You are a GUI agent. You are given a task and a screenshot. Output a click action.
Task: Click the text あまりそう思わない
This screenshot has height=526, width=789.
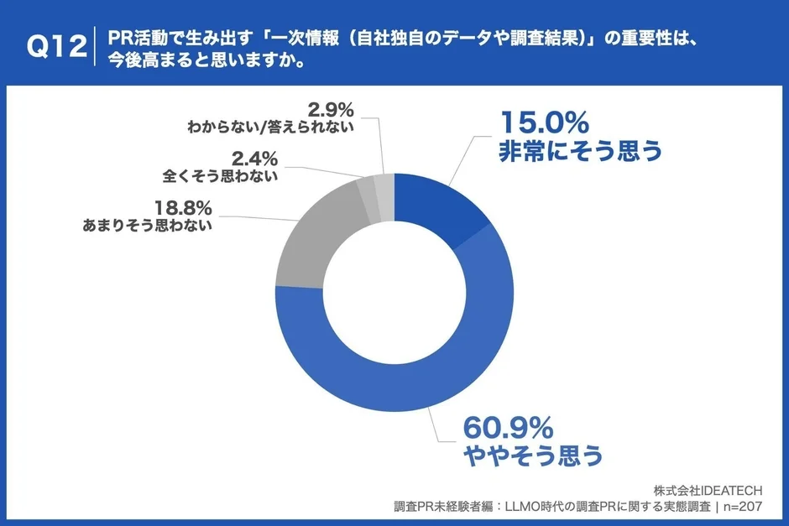tap(147, 226)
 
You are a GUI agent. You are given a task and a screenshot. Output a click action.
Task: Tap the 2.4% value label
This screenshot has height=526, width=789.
tap(253, 159)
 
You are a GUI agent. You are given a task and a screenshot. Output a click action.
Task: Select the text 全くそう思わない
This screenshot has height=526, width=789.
tap(220, 176)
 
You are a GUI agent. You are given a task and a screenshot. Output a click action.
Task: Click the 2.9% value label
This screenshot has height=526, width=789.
tap(331, 109)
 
